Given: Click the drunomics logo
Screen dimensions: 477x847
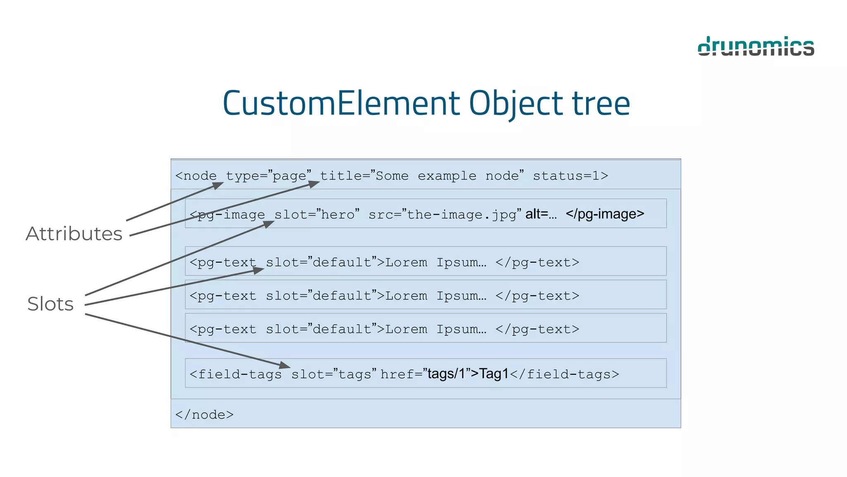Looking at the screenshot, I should click(x=756, y=46).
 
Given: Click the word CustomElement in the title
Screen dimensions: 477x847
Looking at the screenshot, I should click(x=341, y=103).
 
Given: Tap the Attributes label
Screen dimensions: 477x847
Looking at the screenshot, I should click(x=74, y=234).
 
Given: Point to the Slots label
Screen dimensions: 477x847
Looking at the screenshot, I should click(x=50, y=304).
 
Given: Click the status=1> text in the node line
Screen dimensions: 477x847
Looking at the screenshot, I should click(x=570, y=176).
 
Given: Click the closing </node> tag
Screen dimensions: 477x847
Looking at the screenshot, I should click(x=204, y=414).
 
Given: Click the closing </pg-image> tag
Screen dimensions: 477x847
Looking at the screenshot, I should click(x=605, y=214).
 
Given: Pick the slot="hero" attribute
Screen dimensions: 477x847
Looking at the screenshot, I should click(x=317, y=214).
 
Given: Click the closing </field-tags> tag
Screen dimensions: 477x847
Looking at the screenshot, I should click(x=565, y=374).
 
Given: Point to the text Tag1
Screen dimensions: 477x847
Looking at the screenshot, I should click(x=494, y=374).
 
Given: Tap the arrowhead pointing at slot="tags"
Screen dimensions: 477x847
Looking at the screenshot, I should click(x=285, y=365).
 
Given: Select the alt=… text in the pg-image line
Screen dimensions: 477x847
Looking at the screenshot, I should click(x=541, y=214).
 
